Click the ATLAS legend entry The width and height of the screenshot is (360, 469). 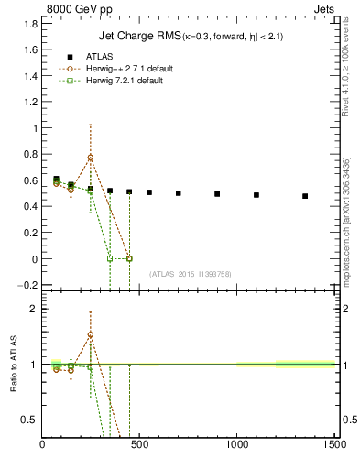click(97, 57)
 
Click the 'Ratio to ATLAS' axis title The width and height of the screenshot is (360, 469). click(14, 365)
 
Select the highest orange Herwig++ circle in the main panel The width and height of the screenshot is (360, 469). click(90, 158)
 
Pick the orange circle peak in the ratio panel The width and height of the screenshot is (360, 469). click(90, 334)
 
